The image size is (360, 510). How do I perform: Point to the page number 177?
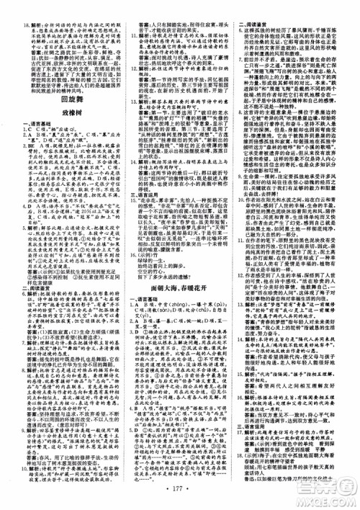tap(180, 498)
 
